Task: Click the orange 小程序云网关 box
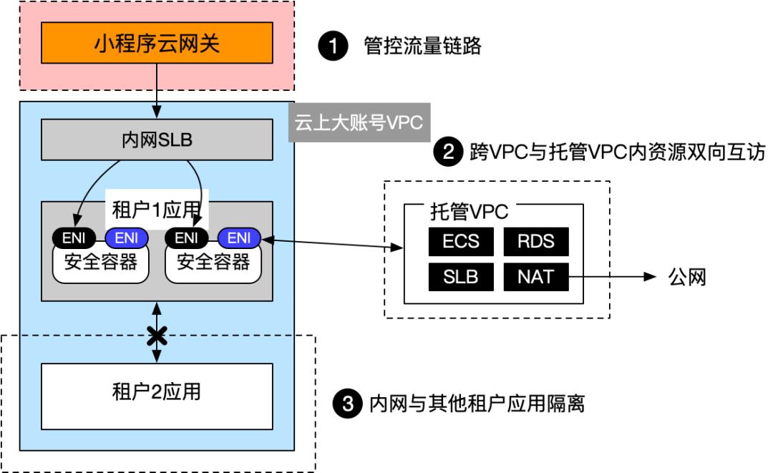coord(157,44)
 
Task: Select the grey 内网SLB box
coord(157,140)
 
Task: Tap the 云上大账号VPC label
coord(359,122)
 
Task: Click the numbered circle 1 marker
coord(330,47)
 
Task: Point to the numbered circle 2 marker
coord(448,152)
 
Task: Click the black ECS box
coord(460,241)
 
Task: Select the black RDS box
coord(535,241)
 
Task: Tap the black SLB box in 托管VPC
coord(460,276)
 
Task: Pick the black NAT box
coord(535,276)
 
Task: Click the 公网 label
coord(687,277)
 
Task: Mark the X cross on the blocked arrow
coord(157,334)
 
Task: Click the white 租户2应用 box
coord(157,394)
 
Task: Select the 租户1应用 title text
coord(156,211)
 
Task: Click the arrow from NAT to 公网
coord(613,276)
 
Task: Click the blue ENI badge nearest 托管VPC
coord(239,238)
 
